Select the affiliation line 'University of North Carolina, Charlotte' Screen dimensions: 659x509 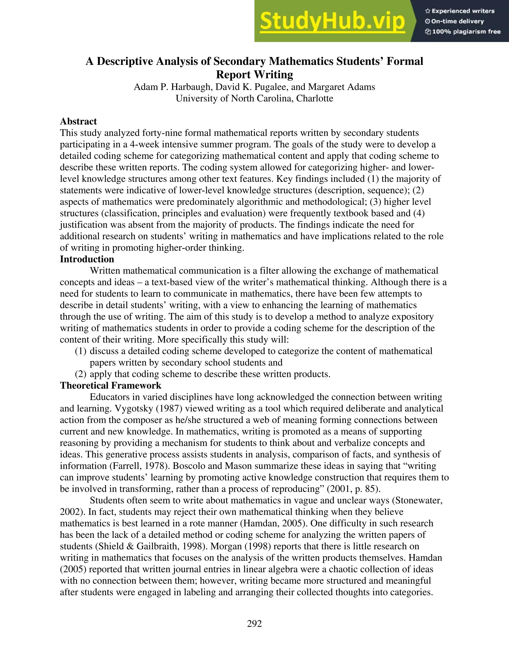pos(254,99)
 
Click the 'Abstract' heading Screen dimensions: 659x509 pos(78,122)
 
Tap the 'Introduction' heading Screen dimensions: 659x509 pos(87,259)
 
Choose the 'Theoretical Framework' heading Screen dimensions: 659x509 pos(110,386)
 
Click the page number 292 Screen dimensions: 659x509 pos(254,623)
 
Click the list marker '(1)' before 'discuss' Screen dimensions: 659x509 pos(81,351)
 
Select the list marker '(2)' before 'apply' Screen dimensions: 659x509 pos(81,374)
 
